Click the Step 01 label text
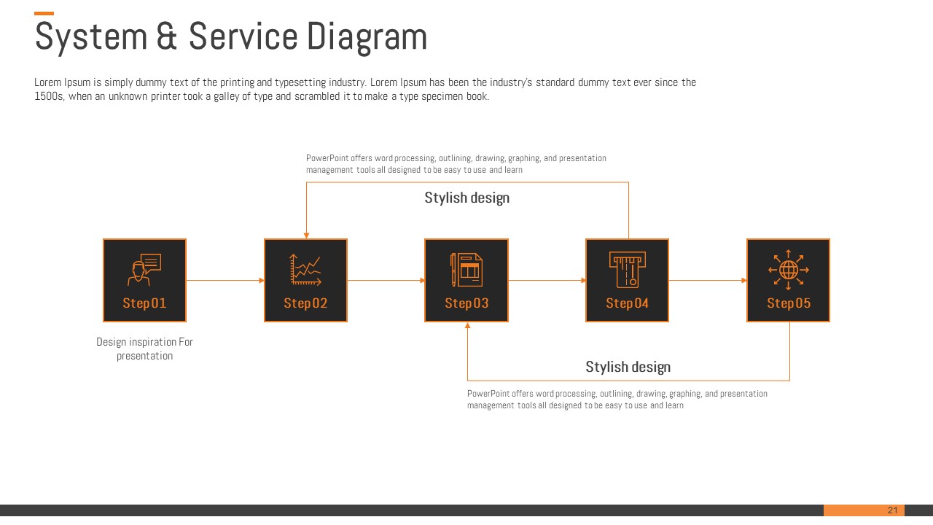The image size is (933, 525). point(144,303)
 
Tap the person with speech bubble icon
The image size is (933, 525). point(144,269)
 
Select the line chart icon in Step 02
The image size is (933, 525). point(305,269)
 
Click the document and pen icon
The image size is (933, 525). point(466,270)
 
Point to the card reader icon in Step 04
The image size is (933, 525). point(628,270)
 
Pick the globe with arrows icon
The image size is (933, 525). point(789,270)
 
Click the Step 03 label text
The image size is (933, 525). point(466,303)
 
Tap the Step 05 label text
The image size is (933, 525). point(789,303)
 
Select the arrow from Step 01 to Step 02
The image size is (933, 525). point(225,281)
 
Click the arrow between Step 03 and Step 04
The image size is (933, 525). point(547,281)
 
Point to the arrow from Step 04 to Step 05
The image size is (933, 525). point(708,281)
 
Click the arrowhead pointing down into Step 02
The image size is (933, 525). point(307,236)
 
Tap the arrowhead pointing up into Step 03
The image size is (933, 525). point(468,325)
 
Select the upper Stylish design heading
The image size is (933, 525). point(467,198)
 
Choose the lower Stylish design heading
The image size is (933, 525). point(628,367)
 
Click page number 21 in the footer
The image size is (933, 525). point(892,510)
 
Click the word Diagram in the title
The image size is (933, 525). point(367,37)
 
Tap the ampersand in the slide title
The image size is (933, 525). point(167,36)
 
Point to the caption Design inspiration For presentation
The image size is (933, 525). point(144,349)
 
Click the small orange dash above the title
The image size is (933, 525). point(44,13)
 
